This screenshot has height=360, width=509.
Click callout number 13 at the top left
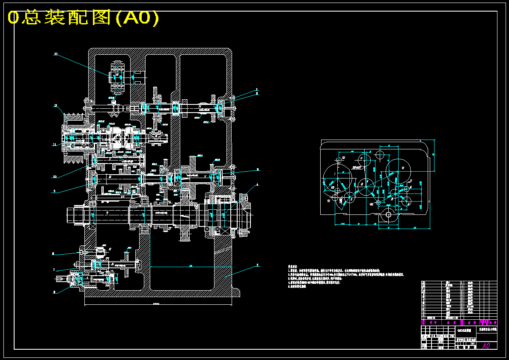56,54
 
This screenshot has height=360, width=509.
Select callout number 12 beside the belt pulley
56,105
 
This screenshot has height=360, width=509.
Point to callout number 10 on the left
55,176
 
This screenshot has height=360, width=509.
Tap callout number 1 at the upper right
257,90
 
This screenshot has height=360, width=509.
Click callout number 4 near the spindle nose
257,185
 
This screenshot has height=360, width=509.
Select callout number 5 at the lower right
257,265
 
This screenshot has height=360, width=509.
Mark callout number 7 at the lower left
54,270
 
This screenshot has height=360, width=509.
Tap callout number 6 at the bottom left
54,292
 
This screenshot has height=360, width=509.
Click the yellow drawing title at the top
83,18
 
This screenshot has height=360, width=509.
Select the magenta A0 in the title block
486,345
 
